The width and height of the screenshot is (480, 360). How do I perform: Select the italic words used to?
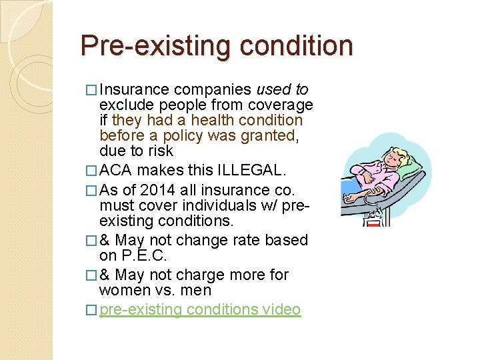(x=282, y=89)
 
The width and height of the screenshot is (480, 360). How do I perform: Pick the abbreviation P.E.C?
(x=143, y=255)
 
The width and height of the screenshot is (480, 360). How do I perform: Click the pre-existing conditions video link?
(x=200, y=309)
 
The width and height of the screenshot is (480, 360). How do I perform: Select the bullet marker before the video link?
(x=93, y=310)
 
